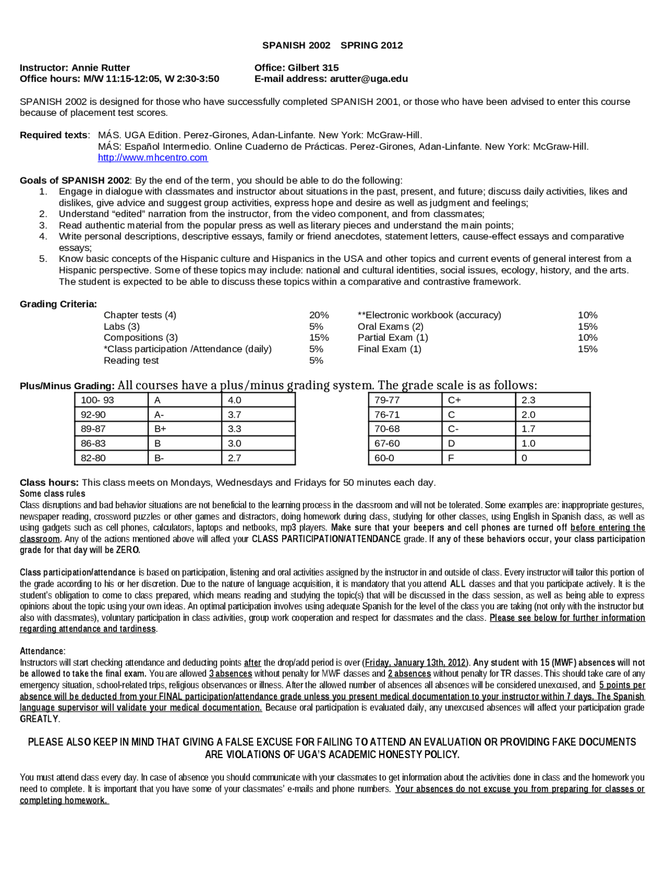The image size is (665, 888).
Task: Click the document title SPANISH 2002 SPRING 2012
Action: tap(332, 45)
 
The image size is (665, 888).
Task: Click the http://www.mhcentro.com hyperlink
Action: tap(153, 157)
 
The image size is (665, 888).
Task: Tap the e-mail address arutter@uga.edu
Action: tap(369, 79)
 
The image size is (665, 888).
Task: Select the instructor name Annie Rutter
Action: tap(101, 68)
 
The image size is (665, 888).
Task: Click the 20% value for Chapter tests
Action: tap(319, 315)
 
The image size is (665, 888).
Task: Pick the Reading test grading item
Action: tap(131, 361)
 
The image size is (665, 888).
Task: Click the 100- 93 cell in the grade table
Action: tap(98, 400)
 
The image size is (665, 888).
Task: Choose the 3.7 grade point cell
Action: tap(235, 415)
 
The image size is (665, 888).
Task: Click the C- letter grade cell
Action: tap(453, 429)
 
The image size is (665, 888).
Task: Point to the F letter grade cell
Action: tap(451, 458)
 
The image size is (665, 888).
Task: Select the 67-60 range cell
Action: tap(388, 443)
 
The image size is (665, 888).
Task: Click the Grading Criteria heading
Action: tap(58, 304)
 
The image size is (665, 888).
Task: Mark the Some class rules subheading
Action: tap(52, 494)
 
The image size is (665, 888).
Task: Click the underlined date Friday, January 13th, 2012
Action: tap(415, 662)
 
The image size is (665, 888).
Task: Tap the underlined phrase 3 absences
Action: tap(230, 674)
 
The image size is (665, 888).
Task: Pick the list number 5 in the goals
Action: tap(43, 259)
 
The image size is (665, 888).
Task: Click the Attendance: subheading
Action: tap(43, 651)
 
